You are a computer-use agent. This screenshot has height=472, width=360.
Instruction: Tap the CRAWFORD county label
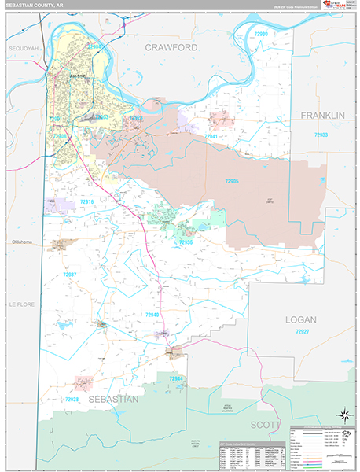[x=171, y=48]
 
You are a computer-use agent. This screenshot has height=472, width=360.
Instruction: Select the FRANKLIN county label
[x=322, y=116]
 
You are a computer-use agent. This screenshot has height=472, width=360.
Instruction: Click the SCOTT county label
[x=266, y=425]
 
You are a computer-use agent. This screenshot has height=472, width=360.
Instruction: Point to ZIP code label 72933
[x=321, y=135]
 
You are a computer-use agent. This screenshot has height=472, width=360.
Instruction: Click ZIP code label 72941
[x=211, y=136]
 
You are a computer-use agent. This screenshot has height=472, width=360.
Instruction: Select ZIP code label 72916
[x=86, y=202]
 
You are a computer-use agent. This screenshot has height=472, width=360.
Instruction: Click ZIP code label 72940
[x=152, y=315]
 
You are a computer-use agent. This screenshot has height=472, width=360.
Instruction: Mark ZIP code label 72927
[x=303, y=333]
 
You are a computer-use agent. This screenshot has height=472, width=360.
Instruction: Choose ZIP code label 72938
[x=73, y=400]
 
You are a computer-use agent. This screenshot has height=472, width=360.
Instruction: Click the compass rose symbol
[x=343, y=415]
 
